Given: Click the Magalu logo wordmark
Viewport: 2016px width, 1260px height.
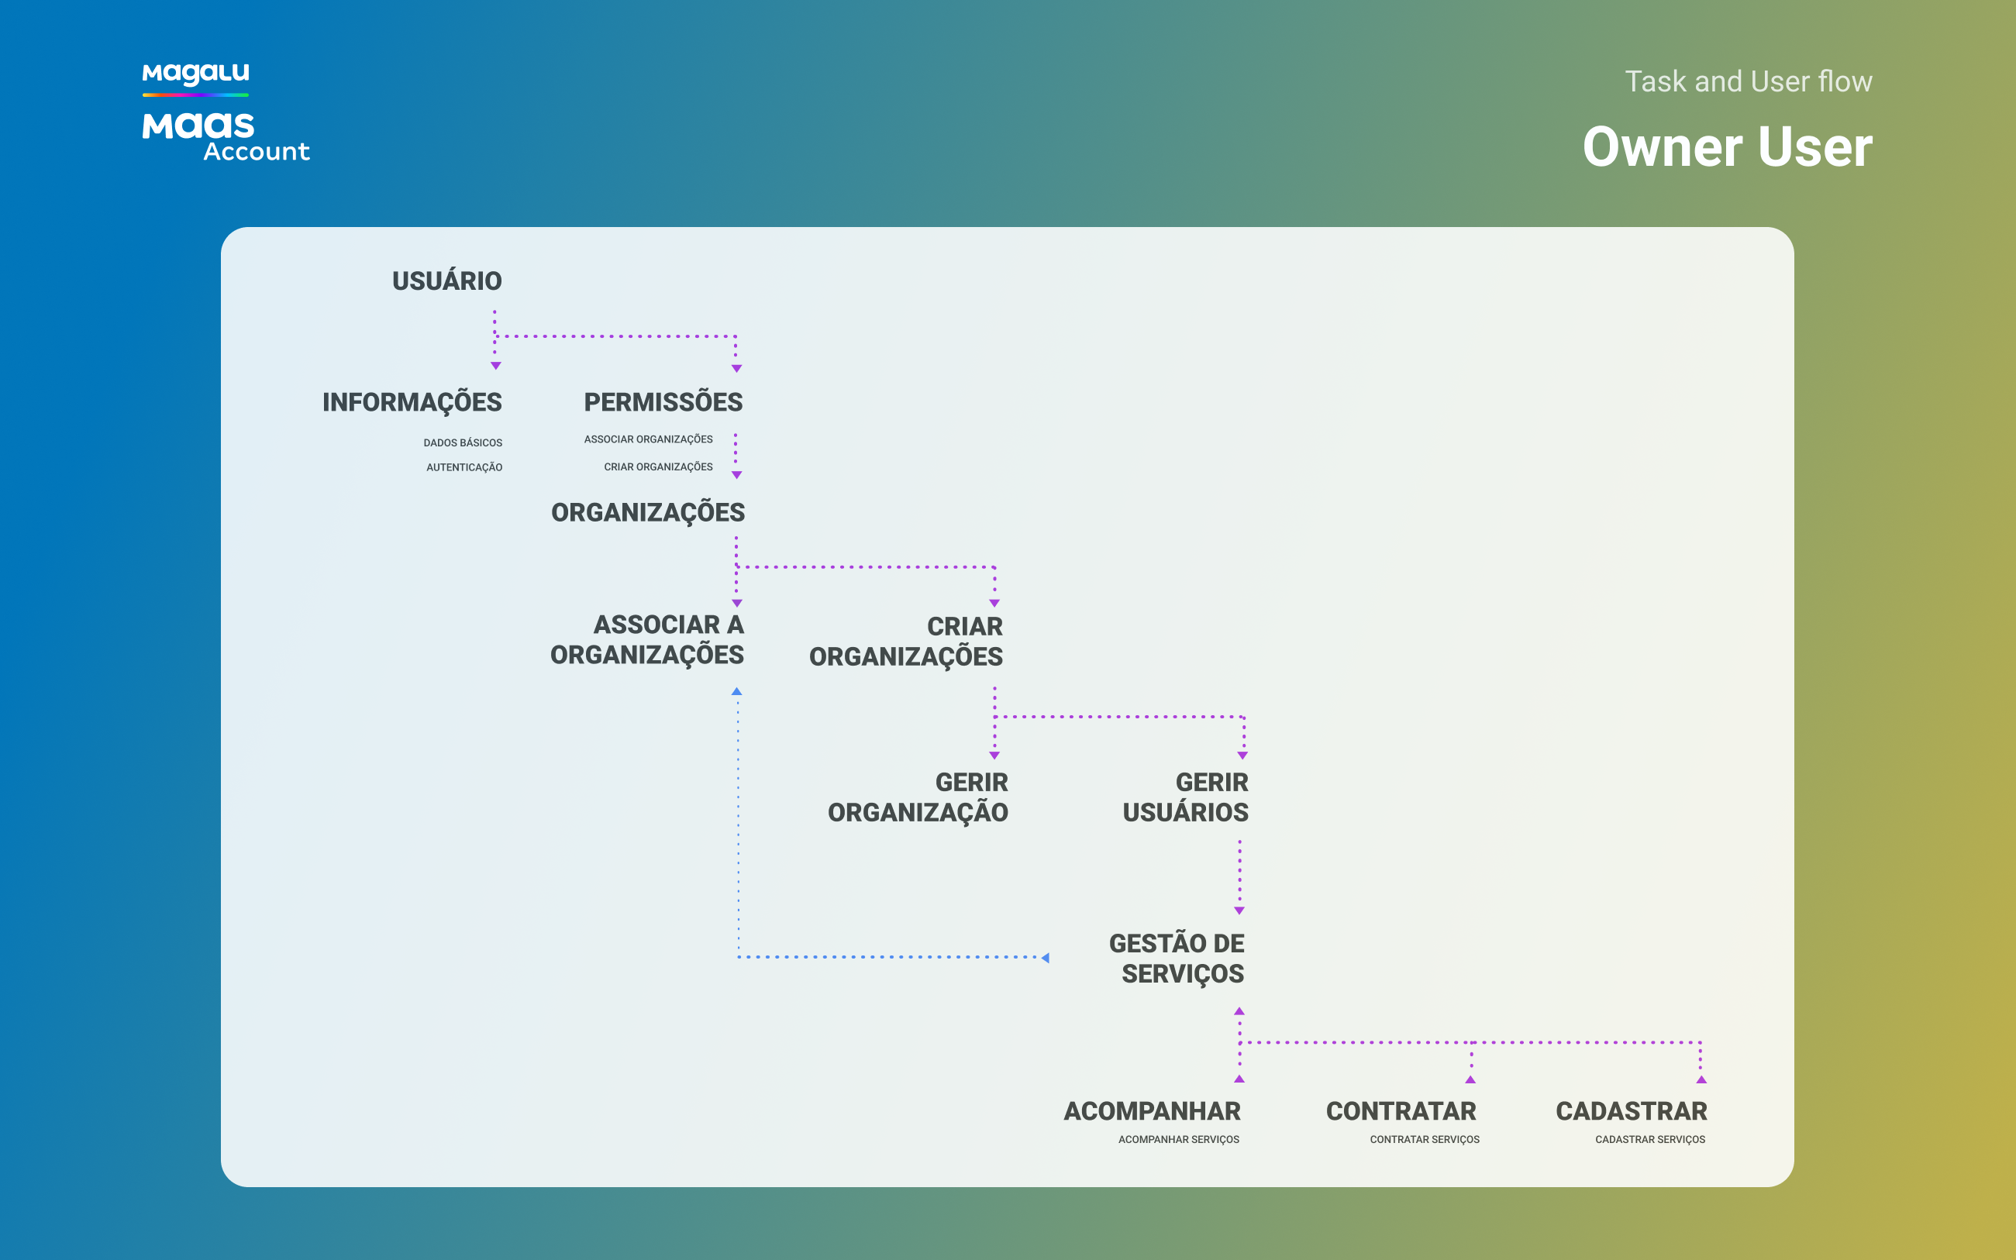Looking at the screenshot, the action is [x=196, y=74].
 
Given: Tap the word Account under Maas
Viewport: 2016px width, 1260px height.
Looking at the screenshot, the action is [x=257, y=152].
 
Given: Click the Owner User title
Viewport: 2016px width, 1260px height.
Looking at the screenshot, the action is [x=1728, y=146].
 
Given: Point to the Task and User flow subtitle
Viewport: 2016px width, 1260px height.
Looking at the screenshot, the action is [x=1749, y=81].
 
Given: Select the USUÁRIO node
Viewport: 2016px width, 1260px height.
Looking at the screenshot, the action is [x=446, y=281].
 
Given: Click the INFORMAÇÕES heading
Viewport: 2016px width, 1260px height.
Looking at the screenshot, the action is [x=412, y=402].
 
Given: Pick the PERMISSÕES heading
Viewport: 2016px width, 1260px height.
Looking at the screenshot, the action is [x=663, y=401].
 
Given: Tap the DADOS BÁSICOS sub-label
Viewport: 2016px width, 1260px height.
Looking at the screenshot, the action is [x=463, y=442].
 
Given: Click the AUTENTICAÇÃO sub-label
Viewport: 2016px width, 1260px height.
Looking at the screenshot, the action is [x=464, y=467].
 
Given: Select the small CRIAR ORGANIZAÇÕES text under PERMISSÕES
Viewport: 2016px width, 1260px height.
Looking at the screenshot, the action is [x=658, y=466].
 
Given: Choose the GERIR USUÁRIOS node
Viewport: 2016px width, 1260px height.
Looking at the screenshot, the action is [x=1185, y=797].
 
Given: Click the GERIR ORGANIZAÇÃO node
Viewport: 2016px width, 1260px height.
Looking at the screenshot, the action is [x=918, y=797].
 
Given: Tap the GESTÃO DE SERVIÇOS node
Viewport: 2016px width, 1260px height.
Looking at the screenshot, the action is [x=1177, y=959].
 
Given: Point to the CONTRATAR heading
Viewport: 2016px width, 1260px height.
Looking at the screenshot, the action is [x=1401, y=1111].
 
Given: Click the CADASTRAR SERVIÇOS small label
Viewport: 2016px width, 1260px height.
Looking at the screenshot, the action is [x=1650, y=1139].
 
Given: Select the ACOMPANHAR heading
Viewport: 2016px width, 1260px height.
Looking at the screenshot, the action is [x=1152, y=1111].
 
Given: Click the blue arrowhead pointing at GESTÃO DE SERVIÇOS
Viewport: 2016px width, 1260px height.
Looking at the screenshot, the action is [x=1045, y=958].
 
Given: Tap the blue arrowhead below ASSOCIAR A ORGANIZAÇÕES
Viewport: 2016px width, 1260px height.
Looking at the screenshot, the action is [x=737, y=692].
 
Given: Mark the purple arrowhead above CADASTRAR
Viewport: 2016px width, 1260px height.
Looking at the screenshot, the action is [x=1702, y=1079].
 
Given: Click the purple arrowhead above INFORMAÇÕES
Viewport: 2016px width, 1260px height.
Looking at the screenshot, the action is [x=496, y=366].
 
